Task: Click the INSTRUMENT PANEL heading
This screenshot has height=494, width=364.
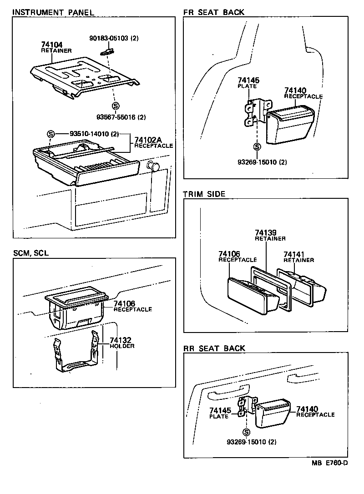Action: pos(53,12)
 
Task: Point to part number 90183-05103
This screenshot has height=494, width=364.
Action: pos(113,39)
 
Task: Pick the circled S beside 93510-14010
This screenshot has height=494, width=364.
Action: pos(51,134)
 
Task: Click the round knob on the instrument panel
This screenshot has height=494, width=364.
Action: pos(154,167)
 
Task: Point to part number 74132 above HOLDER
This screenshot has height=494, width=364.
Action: pos(120,340)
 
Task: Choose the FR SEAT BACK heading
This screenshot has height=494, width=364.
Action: pos(213,12)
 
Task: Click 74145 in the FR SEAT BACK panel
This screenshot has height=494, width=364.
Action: pos(248,81)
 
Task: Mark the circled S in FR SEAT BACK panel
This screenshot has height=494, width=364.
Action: pos(257,146)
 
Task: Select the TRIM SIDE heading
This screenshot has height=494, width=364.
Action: pos(204,194)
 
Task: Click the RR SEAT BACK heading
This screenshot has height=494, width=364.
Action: pos(214,348)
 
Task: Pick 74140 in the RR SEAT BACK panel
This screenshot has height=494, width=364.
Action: pos(307,409)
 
